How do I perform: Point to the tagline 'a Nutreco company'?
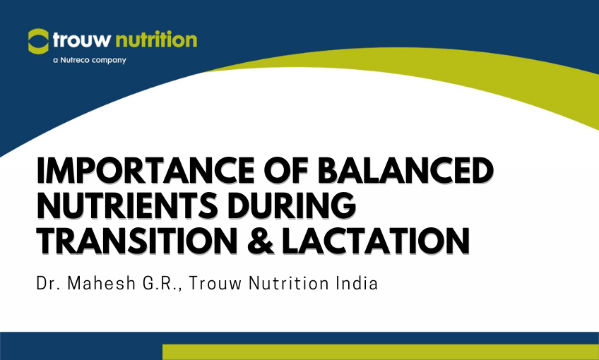pos(90,60)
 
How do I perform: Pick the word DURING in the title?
pos(301,206)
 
